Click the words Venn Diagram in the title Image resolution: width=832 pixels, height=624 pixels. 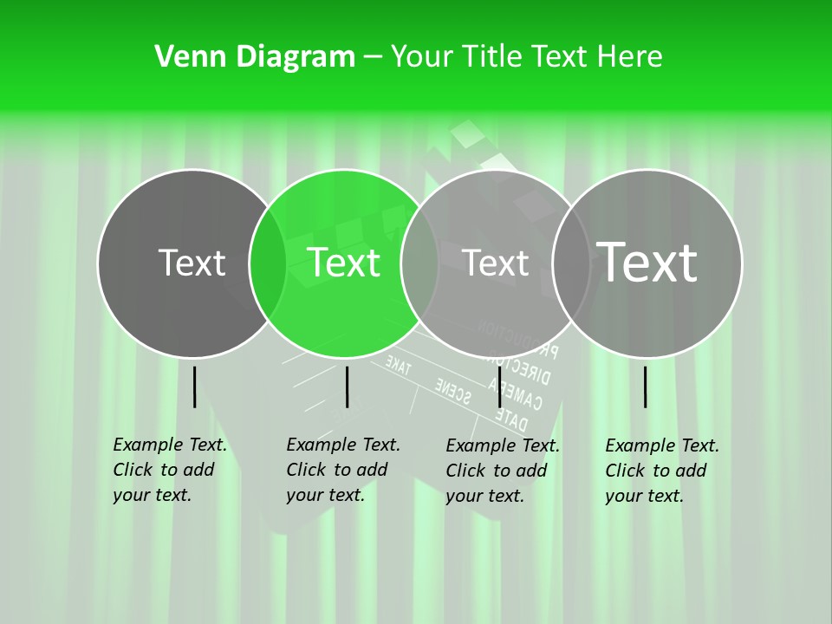pyautogui.click(x=254, y=57)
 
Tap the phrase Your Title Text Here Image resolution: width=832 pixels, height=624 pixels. pyautogui.click(x=526, y=57)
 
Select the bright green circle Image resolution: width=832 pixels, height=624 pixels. pyautogui.click(x=344, y=286)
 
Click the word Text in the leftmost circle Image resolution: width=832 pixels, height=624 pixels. pyautogui.click(x=192, y=263)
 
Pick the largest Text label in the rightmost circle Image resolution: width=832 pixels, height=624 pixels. pyautogui.click(x=647, y=262)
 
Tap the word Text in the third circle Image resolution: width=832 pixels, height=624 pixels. pyautogui.click(x=495, y=263)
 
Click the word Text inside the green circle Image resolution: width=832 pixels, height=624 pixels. pyautogui.click(x=344, y=263)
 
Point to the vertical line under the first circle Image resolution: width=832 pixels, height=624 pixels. pyautogui.click(x=195, y=387)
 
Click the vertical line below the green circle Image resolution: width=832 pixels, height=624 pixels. pyautogui.click(x=347, y=387)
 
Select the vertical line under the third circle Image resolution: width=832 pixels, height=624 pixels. pyautogui.click(x=499, y=387)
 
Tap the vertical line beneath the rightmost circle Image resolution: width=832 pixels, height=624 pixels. pyautogui.click(x=646, y=387)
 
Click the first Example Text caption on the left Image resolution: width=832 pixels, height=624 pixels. pyautogui.click(x=169, y=470)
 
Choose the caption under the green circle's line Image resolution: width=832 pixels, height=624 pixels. pyautogui.click(x=342, y=470)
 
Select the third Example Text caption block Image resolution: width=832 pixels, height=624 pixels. pyautogui.click(x=502, y=471)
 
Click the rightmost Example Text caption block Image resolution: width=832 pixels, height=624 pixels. pyautogui.click(x=661, y=471)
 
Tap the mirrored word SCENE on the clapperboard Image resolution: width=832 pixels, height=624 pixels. pyautogui.click(x=452, y=390)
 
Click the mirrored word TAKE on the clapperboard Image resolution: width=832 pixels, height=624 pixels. pyautogui.click(x=398, y=365)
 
